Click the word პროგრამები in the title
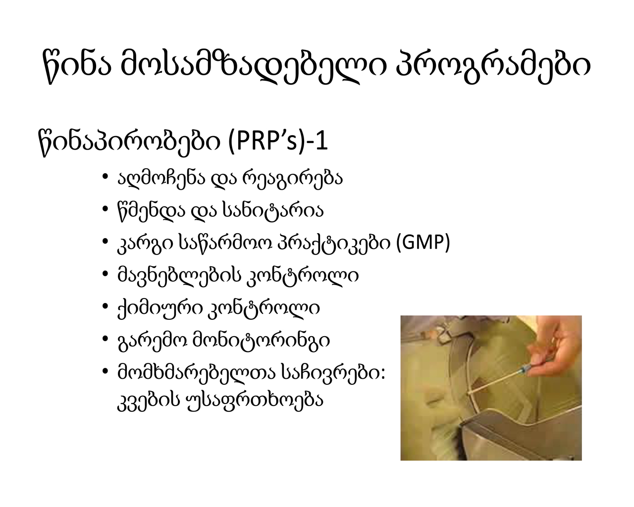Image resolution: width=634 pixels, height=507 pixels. (493, 67)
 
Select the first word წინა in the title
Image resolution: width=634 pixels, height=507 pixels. (77, 67)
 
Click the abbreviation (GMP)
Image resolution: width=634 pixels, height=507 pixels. (423, 242)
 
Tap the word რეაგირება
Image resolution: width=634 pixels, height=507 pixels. (293, 179)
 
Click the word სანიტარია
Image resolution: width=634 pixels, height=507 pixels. (273, 210)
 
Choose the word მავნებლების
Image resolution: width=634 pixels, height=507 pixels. (179, 275)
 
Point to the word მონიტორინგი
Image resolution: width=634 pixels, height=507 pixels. (261, 341)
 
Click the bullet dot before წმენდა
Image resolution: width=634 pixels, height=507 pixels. (105, 209)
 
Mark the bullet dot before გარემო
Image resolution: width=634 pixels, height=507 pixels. (105, 339)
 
